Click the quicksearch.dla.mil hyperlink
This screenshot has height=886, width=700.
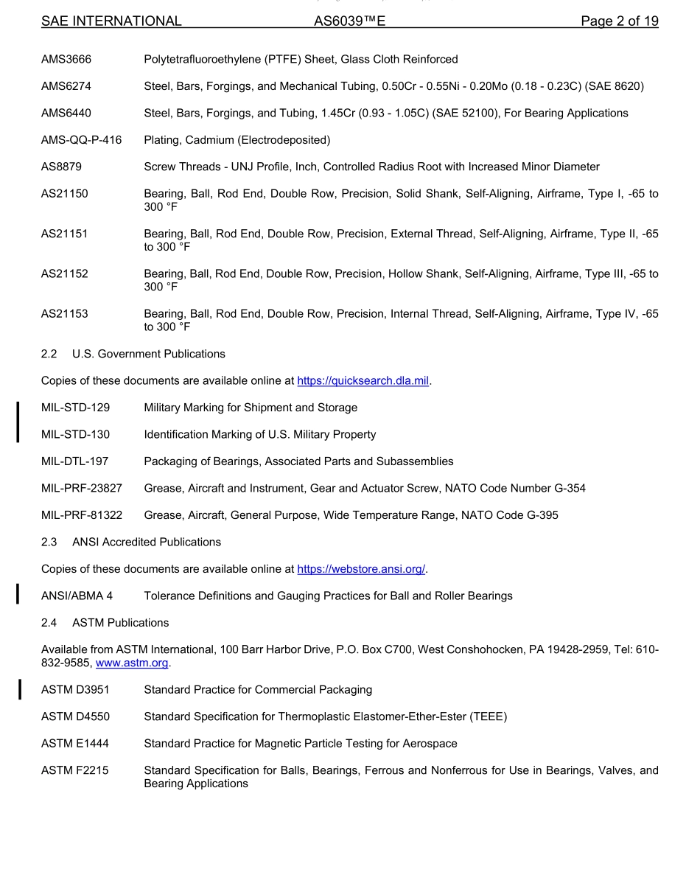363,381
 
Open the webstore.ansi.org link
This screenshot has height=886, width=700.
361,569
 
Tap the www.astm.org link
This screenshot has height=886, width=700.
132,663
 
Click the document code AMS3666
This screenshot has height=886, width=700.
66,59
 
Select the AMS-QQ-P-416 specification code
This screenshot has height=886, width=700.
81,140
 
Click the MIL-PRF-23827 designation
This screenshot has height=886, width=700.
82,488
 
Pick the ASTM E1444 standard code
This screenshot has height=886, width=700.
74,744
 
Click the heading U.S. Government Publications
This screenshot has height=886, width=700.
148,354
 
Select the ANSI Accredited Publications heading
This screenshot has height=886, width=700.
146,542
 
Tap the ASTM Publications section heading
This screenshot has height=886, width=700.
120,623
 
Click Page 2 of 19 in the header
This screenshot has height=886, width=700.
619,21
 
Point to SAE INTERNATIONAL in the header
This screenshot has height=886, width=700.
111,21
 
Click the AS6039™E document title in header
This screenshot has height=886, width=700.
349,21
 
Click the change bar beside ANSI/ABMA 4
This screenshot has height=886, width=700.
18,594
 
